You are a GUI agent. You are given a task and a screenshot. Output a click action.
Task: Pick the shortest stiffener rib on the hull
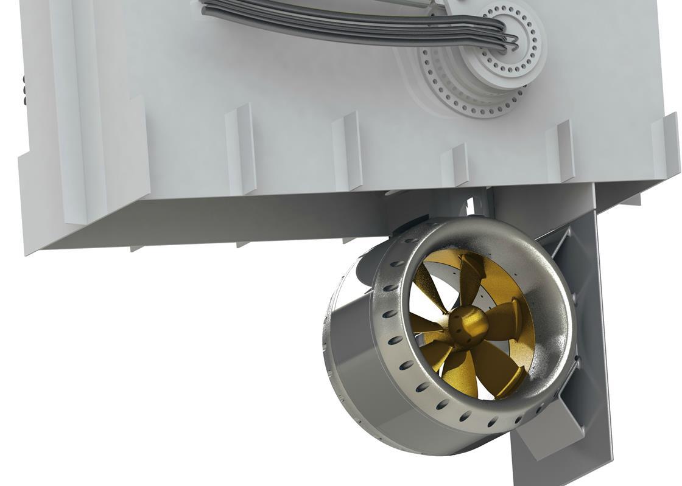click(454, 164)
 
